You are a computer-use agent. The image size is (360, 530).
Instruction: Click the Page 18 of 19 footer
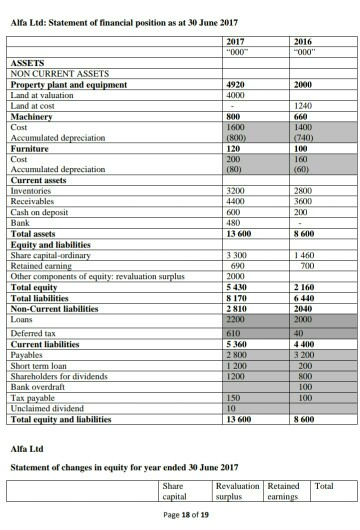(x=178, y=515)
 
